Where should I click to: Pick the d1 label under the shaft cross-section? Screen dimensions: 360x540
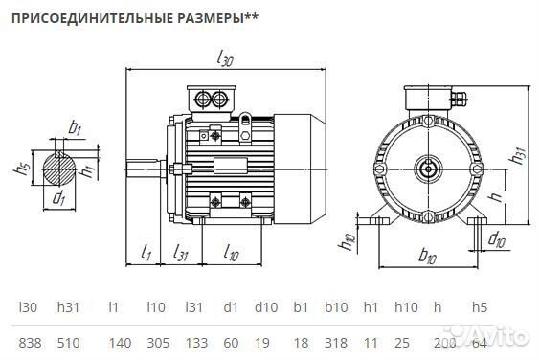coord(59,198)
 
